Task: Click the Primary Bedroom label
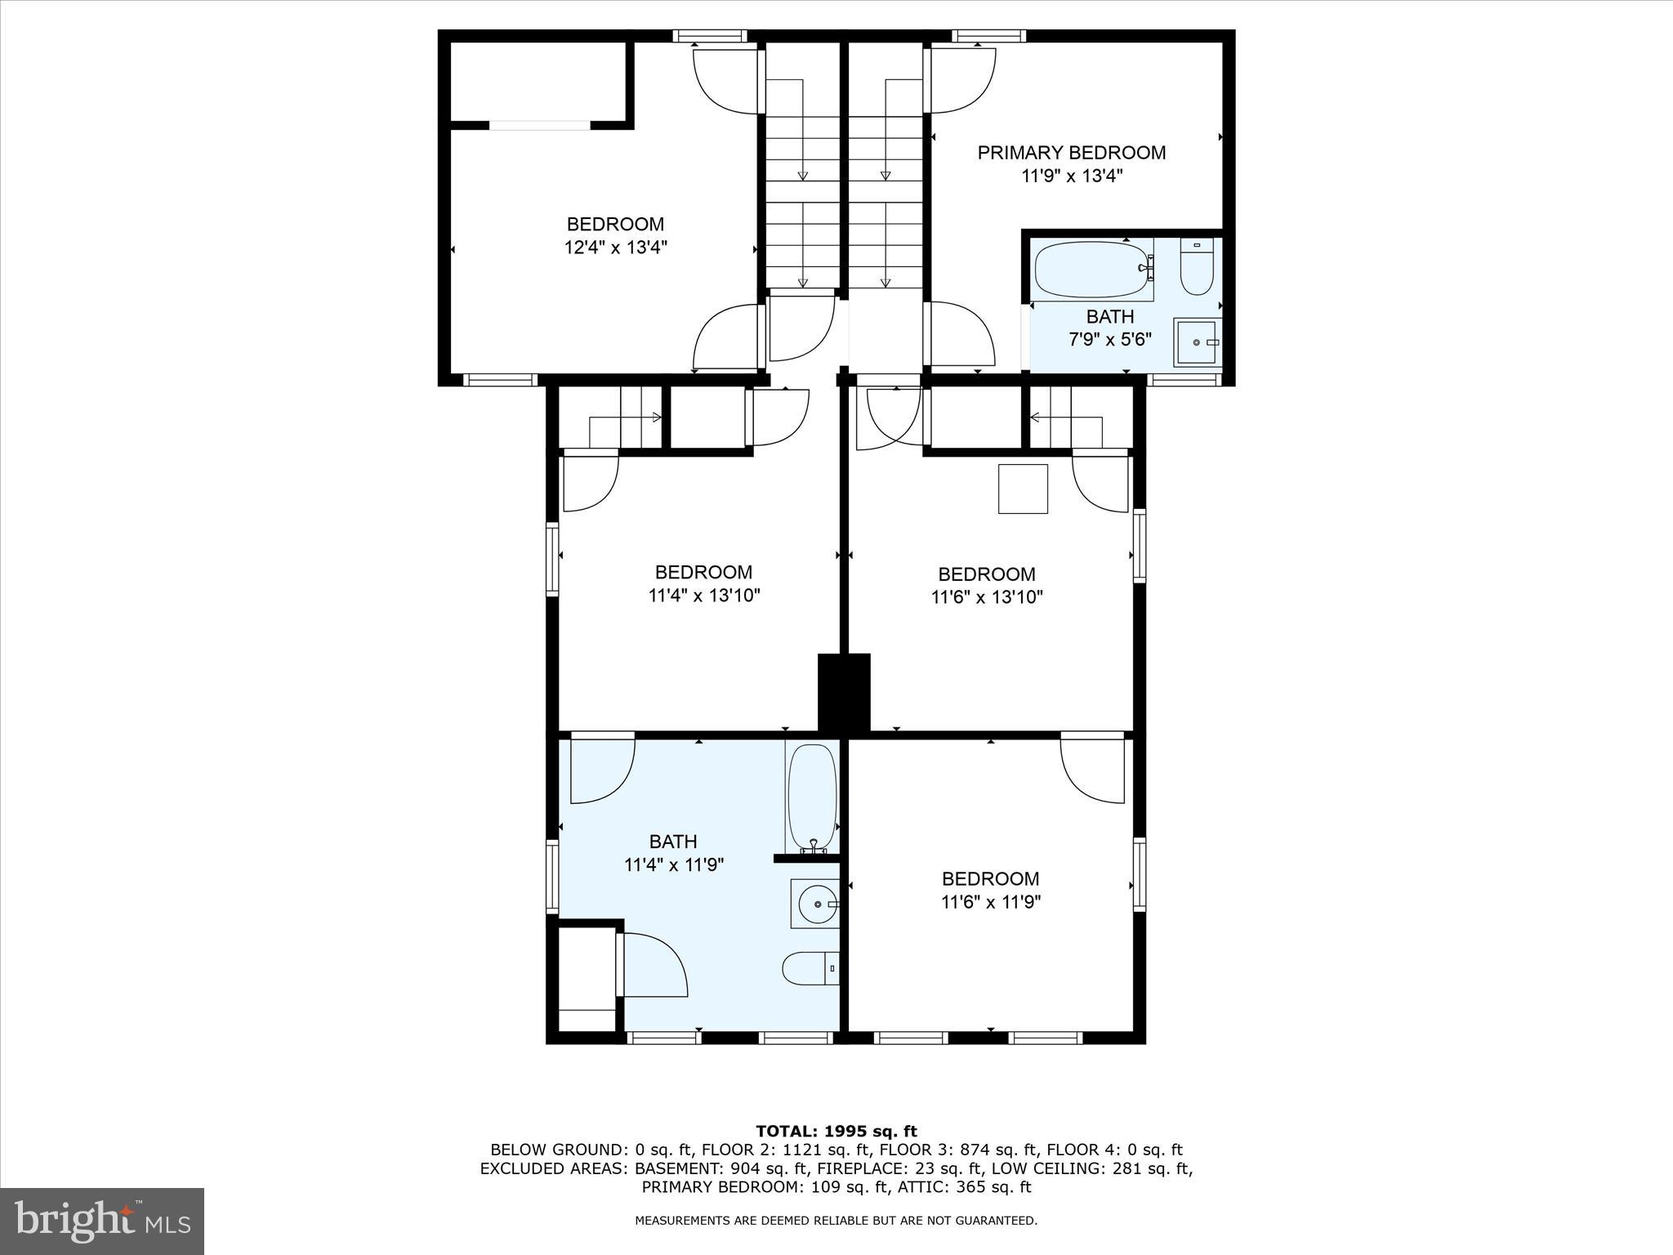point(1071,153)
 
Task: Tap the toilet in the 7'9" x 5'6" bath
point(1197,269)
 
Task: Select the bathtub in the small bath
point(1093,270)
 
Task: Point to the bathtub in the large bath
point(811,797)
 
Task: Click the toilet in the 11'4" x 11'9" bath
point(810,969)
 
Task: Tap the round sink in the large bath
point(814,904)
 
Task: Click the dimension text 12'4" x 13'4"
point(616,247)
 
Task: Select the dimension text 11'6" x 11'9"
point(990,902)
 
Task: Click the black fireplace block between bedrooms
point(844,691)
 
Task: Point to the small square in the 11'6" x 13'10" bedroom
point(1023,489)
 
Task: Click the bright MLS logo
point(102,1221)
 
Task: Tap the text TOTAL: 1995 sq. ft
point(836,1131)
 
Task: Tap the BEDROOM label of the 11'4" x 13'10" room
point(703,572)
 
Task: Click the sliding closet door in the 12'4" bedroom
point(539,125)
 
